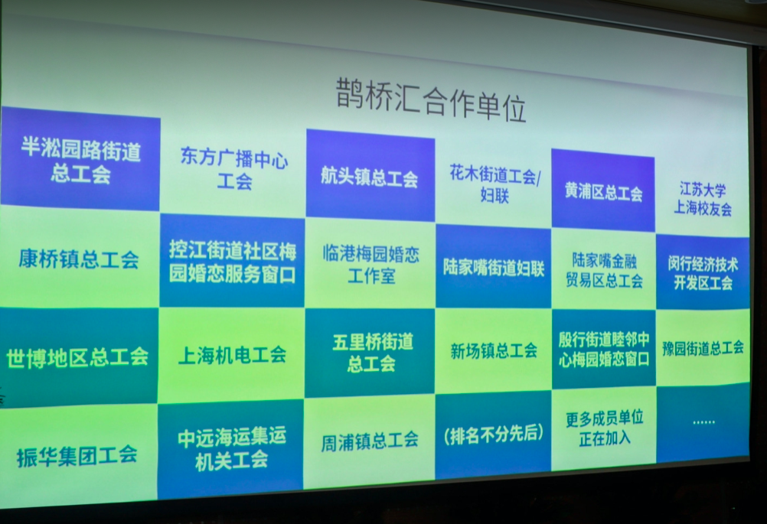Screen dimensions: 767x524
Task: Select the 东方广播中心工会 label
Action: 234,168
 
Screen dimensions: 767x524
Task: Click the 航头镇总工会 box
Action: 370,175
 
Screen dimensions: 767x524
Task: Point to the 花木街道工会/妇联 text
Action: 494,184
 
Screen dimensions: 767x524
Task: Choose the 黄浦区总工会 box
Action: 603,190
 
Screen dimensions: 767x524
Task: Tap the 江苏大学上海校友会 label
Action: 703,199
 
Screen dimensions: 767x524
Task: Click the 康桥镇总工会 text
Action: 78,259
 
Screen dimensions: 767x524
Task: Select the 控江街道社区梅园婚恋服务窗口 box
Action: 233,262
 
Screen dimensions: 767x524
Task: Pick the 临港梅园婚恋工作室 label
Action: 371,265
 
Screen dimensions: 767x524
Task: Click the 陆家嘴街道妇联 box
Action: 493,267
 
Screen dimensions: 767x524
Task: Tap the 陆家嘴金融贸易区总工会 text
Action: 604,270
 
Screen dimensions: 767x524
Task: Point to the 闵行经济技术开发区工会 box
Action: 703,272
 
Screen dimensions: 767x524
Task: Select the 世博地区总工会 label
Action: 77,356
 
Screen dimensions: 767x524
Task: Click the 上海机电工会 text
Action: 232,354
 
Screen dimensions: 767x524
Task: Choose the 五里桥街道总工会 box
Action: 370,352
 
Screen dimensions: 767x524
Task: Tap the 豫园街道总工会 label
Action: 703,348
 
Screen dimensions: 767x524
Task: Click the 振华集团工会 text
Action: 77,456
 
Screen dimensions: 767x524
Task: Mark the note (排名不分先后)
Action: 493,434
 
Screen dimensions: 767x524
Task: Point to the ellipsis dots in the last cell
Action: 703,421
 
